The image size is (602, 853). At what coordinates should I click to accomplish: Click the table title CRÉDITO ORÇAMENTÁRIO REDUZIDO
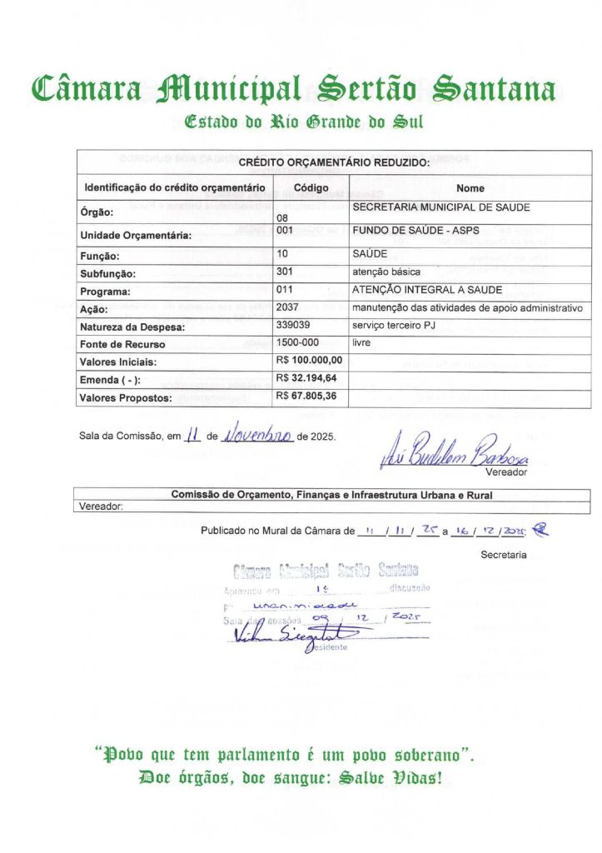coord(334,163)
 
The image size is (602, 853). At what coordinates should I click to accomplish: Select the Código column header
coord(311,188)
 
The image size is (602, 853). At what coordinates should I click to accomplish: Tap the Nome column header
coord(470,188)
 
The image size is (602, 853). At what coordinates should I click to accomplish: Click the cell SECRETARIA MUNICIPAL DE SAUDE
coord(441,207)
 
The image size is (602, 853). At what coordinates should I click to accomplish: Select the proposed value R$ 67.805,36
coord(306,397)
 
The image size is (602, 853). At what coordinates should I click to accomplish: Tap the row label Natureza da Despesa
coord(132,327)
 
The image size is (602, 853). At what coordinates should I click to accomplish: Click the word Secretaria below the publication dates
coord(503,554)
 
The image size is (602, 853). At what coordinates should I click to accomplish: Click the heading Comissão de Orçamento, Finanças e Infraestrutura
coord(331,495)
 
